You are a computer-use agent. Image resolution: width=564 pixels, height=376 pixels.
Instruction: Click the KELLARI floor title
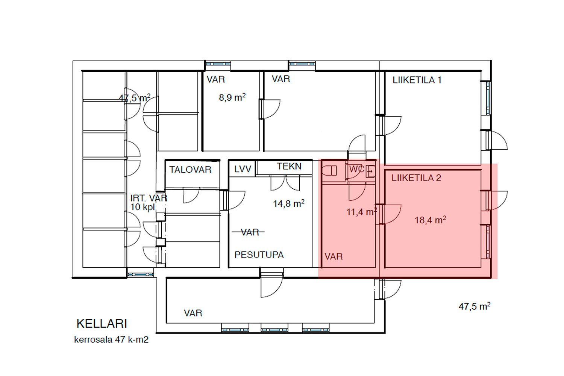click(102, 324)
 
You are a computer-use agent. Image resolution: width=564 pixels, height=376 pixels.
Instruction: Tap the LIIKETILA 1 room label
click(417, 80)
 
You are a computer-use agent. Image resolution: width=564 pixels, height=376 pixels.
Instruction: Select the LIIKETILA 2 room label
click(416, 178)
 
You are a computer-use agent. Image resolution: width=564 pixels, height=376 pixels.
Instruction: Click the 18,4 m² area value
click(430, 220)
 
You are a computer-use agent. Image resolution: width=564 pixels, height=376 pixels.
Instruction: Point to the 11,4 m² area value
click(361, 212)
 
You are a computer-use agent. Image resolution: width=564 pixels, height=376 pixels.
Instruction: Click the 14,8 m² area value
click(288, 204)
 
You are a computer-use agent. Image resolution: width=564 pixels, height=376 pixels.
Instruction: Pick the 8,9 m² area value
click(232, 98)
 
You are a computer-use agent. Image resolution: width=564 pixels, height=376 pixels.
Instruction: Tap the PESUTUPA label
click(259, 255)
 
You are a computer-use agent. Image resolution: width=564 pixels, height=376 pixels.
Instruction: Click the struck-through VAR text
click(250, 232)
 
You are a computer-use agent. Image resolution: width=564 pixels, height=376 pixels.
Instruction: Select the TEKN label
click(289, 167)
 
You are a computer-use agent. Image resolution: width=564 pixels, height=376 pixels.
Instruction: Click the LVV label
click(243, 170)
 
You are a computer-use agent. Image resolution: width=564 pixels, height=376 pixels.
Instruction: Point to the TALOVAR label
click(190, 170)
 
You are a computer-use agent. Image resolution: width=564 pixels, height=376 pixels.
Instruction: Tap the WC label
click(356, 170)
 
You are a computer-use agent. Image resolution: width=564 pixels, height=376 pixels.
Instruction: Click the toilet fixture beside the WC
click(330, 171)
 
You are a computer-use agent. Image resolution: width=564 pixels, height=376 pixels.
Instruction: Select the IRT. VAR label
click(148, 198)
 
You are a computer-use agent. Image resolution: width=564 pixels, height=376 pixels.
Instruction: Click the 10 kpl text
click(143, 207)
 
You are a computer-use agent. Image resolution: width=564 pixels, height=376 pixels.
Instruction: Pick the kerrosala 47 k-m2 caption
click(111, 340)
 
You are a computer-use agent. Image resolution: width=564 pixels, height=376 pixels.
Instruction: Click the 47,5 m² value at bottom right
click(474, 306)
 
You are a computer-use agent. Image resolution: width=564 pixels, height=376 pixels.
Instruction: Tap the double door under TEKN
click(285, 183)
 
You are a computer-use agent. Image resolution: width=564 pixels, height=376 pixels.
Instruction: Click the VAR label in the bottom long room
click(193, 313)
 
